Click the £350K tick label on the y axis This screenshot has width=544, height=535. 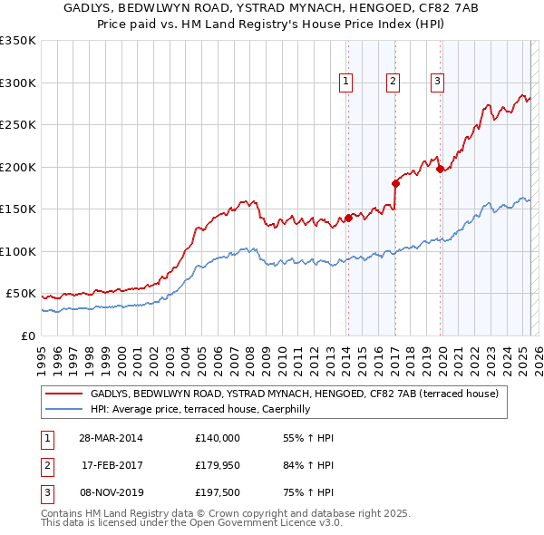tap(18, 41)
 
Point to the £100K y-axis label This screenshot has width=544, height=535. tap(18, 251)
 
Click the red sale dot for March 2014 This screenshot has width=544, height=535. tap(348, 218)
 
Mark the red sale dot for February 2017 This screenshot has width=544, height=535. tap(395, 183)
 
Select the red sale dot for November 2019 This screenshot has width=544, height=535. tap(440, 169)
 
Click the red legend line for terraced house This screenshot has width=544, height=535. tap(63, 394)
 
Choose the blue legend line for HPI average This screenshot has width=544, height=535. tap(63, 410)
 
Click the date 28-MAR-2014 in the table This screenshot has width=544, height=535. tap(112, 438)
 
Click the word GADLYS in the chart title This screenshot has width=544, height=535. tap(90, 8)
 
